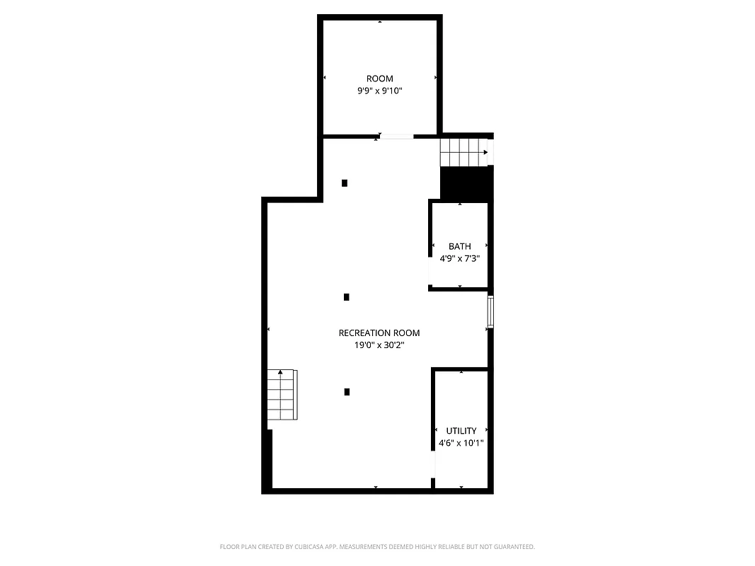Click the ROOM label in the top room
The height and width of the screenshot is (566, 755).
click(x=379, y=79)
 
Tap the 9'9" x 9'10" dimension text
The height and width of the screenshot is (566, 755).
click(x=379, y=91)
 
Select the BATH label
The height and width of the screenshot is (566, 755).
click(x=460, y=246)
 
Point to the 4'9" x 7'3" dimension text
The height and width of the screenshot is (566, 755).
click(x=460, y=259)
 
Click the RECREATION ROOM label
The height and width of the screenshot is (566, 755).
click(x=379, y=333)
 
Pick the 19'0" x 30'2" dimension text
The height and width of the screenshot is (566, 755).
click(x=379, y=346)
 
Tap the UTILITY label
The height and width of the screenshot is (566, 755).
click(x=461, y=430)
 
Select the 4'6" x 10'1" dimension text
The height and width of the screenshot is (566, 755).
click(x=461, y=444)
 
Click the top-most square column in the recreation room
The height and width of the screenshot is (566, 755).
click(x=345, y=183)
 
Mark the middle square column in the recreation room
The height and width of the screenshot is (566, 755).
click(x=346, y=297)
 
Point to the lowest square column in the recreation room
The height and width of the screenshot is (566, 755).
click(x=347, y=391)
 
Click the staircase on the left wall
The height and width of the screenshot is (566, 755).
click(x=282, y=395)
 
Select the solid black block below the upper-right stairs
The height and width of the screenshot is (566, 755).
click(x=466, y=183)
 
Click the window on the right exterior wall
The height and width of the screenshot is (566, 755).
click(x=490, y=312)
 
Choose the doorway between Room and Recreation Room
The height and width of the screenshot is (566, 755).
click(x=396, y=136)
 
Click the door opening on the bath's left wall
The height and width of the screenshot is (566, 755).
click(x=430, y=271)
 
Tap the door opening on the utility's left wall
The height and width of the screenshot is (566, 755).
click(x=433, y=463)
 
